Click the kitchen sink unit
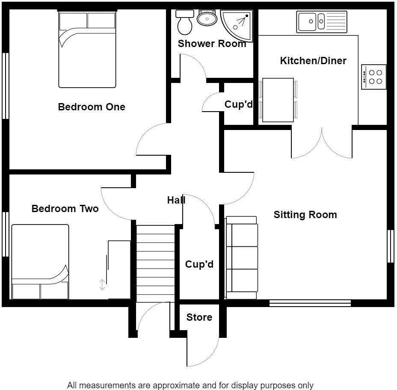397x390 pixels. click(323, 22)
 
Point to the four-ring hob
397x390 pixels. click(374, 77)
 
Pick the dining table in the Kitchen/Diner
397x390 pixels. click(278, 100)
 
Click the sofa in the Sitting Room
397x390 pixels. click(242, 257)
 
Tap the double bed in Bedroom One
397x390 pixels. click(87, 50)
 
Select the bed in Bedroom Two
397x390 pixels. click(40, 262)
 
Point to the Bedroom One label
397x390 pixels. click(92, 107)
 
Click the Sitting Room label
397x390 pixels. click(305, 215)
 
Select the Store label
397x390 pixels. click(199, 317)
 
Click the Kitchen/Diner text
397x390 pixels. click(313, 61)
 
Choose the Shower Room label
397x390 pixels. click(212, 44)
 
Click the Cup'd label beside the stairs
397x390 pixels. click(199, 264)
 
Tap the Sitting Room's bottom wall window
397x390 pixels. click(310, 303)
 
